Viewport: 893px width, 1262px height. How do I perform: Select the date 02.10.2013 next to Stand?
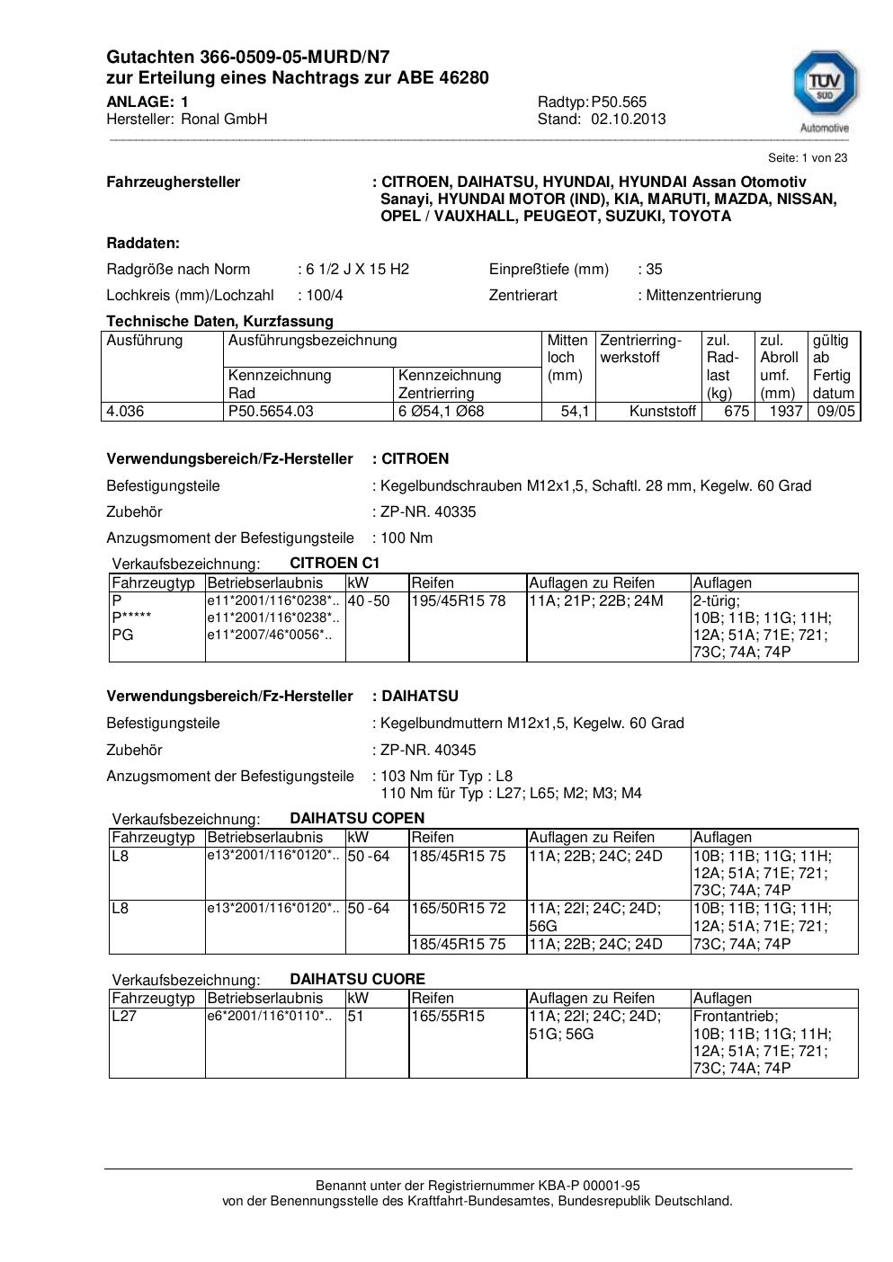[629, 119]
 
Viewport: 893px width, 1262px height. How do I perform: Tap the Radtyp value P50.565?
[619, 102]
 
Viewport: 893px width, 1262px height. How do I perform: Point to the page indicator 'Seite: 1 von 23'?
[808, 157]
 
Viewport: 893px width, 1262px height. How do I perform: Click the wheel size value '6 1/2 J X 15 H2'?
[358, 269]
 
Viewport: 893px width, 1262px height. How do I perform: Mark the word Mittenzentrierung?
[704, 295]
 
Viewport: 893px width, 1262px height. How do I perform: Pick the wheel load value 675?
[737, 412]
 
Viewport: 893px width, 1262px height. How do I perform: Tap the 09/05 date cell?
[835, 412]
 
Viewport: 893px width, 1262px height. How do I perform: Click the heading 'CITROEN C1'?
[335, 563]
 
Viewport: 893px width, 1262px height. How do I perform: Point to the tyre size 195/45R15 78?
[459, 600]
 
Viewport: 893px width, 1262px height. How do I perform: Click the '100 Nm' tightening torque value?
[406, 538]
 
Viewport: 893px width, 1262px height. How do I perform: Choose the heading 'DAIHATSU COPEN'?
[357, 818]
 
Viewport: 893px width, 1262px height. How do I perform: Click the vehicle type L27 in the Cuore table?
[123, 1016]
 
